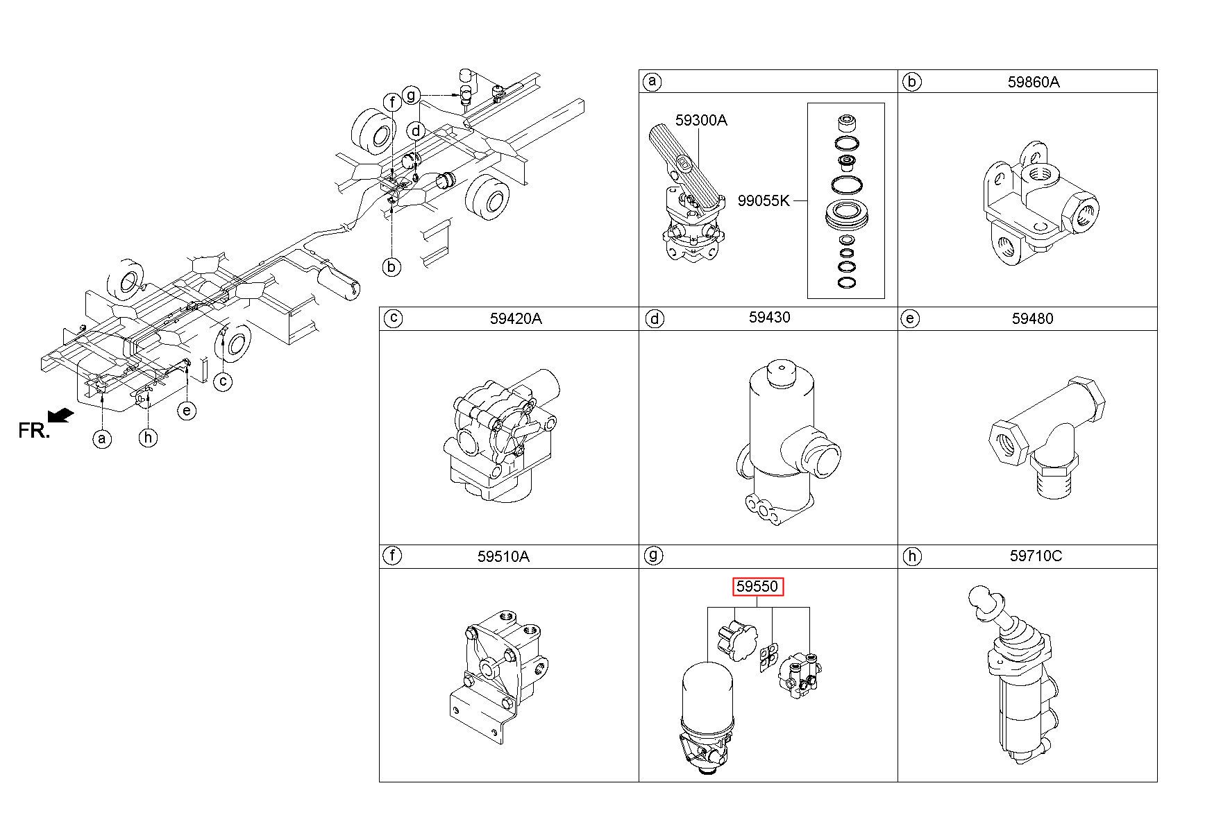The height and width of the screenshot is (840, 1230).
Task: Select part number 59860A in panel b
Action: pos(1034,82)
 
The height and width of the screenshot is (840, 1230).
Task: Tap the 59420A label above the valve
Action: pos(516,319)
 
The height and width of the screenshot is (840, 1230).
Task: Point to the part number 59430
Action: pos(769,317)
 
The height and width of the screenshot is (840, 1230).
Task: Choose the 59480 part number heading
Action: pos(1032,319)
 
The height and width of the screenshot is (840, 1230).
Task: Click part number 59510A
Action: pos(503,556)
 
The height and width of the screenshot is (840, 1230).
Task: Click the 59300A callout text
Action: pos(701,121)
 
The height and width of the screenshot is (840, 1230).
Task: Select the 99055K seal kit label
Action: pos(764,202)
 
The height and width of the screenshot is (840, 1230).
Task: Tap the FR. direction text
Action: pos(34,430)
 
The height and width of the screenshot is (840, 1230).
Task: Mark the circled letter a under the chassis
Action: pos(102,438)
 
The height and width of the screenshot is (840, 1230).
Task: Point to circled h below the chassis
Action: pos(148,438)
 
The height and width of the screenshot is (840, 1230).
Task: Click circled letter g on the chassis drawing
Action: pos(411,94)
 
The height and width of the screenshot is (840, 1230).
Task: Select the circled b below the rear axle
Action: pos(392,266)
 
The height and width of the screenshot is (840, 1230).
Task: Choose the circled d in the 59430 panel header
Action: pos(654,319)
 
